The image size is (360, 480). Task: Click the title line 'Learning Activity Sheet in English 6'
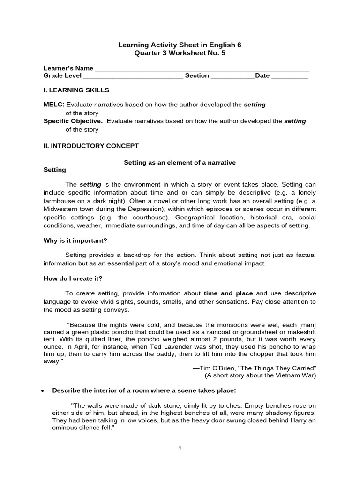coord(180,45)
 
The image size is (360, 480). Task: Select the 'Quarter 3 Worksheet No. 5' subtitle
coord(180,53)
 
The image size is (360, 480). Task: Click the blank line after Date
coord(290,76)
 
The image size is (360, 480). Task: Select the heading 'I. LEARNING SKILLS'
coord(76,90)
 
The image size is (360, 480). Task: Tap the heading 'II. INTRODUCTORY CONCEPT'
coord(91,146)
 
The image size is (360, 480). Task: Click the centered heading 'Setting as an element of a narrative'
coord(180,162)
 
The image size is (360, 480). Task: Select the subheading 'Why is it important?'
coord(75,240)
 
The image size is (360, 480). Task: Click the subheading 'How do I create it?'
coord(73,278)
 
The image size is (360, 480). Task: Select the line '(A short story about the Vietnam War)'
coord(260,375)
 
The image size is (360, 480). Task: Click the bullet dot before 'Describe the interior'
coord(43,390)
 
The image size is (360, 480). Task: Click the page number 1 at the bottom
coord(180,448)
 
